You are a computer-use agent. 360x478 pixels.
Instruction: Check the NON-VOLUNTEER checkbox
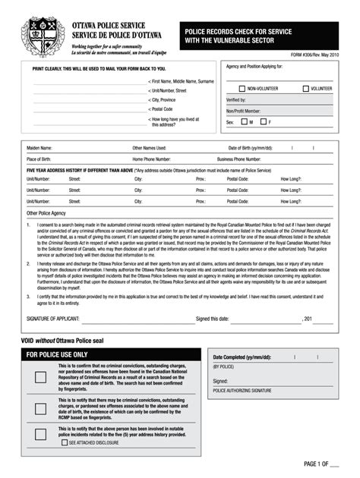click(242, 89)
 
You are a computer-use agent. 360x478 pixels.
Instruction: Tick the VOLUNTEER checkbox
click(305, 89)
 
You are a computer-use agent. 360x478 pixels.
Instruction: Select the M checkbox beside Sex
click(243, 121)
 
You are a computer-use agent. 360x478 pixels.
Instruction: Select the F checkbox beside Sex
click(262, 121)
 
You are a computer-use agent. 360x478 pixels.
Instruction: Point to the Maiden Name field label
click(39, 148)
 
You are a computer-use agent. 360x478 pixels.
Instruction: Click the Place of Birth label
click(40, 159)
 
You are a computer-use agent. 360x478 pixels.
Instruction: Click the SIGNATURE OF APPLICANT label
click(52, 319)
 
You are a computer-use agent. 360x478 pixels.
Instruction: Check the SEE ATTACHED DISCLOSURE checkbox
click(65, 442)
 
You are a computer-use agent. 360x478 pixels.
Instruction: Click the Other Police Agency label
click(44, 213)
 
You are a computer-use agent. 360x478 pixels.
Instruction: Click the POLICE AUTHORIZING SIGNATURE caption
click(242, 390)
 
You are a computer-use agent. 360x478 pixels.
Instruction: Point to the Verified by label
click(236, 99)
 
